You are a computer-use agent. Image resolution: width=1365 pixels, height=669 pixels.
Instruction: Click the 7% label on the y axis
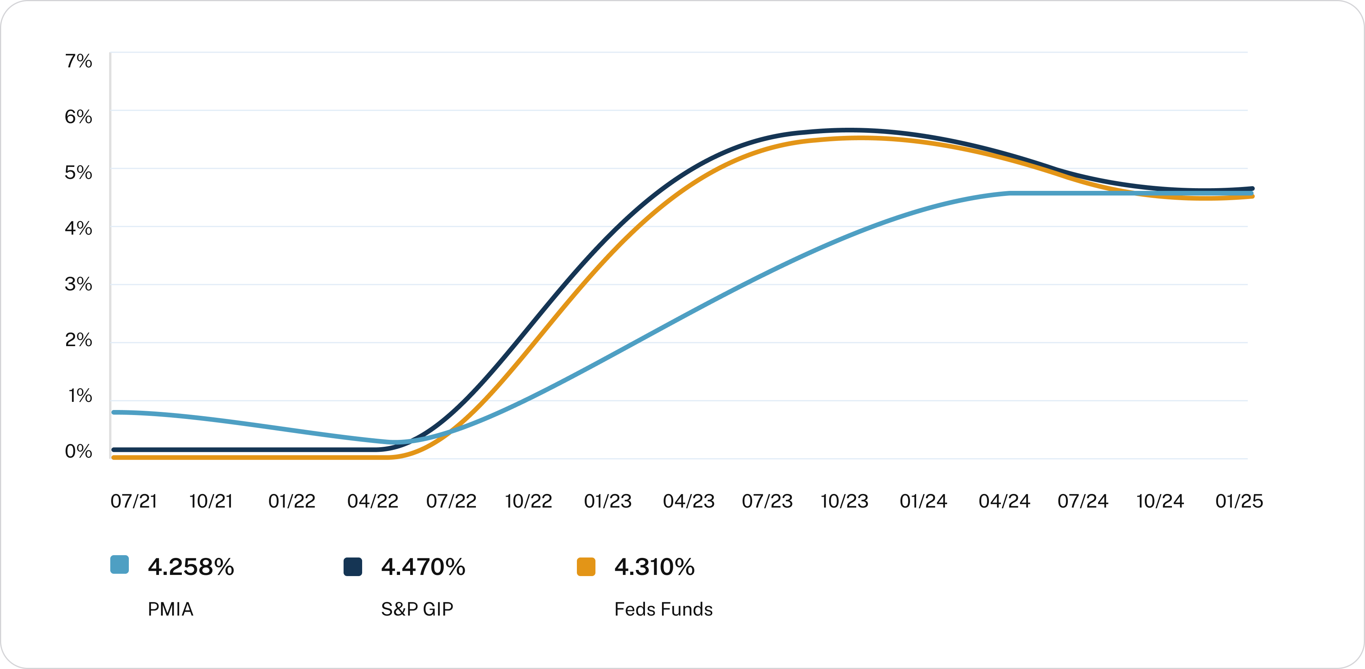[79, 62]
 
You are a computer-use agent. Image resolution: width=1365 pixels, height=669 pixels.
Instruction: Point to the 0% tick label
[79, 452]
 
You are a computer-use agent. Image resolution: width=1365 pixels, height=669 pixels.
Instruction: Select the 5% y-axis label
[79, 173]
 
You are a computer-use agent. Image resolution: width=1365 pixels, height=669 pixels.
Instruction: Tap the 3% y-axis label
[79, 285]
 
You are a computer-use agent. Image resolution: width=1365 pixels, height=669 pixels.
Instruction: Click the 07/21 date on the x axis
[133, 501]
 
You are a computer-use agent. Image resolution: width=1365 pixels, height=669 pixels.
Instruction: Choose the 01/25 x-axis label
[1239, 501]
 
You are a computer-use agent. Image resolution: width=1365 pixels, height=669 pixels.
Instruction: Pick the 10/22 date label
[528, 501]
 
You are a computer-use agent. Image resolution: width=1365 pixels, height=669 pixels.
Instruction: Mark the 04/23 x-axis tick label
[688, 501]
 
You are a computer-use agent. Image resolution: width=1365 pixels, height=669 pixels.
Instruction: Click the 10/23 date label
[845, 501]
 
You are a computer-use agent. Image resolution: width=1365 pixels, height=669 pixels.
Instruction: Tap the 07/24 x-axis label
[1083, 501]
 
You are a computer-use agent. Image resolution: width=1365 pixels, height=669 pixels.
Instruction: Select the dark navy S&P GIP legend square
[352, 566]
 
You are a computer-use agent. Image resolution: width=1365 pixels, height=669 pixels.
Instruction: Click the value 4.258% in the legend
[191, 567]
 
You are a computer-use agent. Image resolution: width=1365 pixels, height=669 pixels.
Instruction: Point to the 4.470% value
[423, 567]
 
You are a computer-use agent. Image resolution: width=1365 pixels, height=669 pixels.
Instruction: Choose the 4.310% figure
[654, 567]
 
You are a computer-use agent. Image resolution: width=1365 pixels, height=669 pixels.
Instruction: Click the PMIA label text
[170, 610]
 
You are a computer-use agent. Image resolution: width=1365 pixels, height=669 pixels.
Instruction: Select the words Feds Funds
[664, 610]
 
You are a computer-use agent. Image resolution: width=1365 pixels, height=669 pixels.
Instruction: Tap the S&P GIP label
[417, 610]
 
